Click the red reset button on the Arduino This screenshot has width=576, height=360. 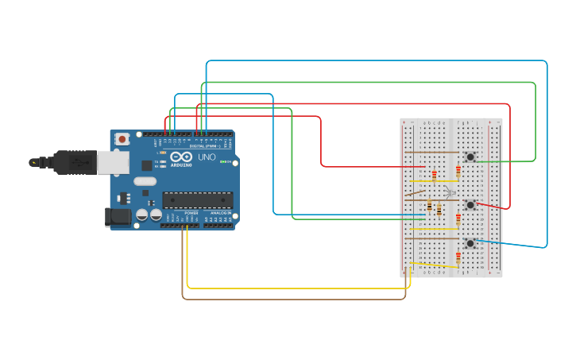coord(122,139)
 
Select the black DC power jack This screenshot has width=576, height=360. coord(118,216)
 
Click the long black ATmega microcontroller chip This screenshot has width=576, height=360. coord(198,200)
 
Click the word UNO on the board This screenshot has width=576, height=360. coord(206,157)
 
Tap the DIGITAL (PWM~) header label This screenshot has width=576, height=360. coord(203,146)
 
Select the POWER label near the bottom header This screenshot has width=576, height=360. coord(191,213)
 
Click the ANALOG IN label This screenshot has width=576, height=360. coord(220,213)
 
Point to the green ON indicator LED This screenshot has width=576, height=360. coord(226,162)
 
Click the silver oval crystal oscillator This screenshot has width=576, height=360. coord(145,181)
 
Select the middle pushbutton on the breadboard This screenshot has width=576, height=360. coord(470,205)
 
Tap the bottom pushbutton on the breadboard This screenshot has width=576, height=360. coord(470,242)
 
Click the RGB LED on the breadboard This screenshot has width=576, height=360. coord(450,193)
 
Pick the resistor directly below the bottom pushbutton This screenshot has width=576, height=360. coord(458,257)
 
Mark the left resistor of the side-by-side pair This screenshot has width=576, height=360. coord(430,207)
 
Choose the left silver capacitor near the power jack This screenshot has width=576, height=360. coord(142,215)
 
